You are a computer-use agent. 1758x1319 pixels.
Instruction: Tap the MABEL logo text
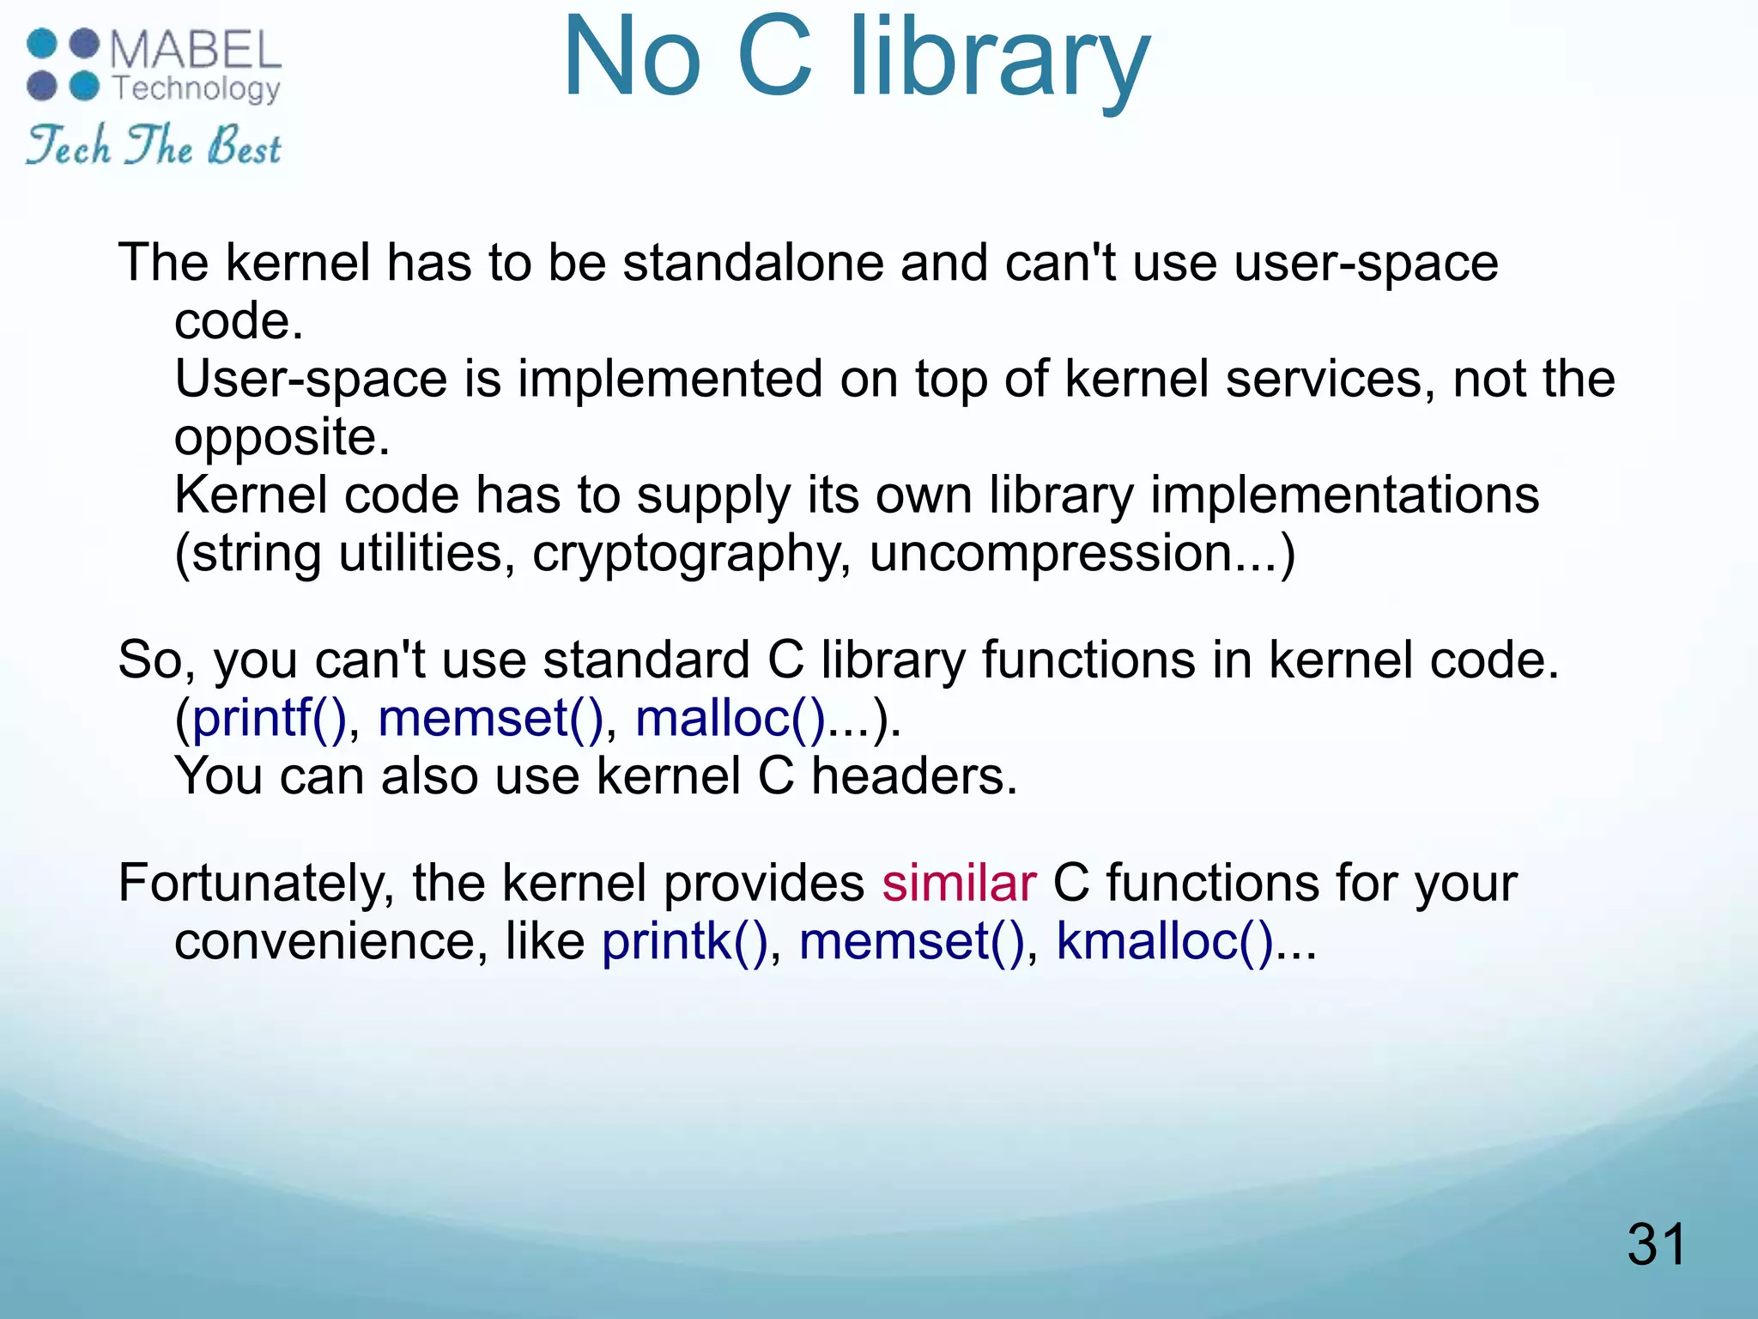pos(196,50)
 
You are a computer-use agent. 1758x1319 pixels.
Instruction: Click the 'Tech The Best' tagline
pos(154,145)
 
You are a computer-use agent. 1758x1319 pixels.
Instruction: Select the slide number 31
pos(1656,1244)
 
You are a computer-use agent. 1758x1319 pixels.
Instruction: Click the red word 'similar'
pos(959,883)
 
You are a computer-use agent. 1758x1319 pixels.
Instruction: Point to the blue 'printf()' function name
pos(268,718)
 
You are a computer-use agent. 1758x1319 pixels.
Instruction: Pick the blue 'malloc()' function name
pos(730,718)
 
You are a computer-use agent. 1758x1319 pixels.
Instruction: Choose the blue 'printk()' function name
pos(684,941)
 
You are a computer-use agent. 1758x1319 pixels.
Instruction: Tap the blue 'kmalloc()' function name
pos(1164,941)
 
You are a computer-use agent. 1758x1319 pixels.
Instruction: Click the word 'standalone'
pos(753,263)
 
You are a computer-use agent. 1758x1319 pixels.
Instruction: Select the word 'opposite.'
pos(282,437)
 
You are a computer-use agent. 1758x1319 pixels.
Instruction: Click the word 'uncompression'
pos(1052,554)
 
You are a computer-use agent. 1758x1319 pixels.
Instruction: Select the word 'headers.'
pos(914,776)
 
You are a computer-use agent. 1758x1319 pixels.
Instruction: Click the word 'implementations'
pos(1344,495)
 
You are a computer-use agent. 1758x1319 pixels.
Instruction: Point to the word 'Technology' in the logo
pos(197,88)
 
